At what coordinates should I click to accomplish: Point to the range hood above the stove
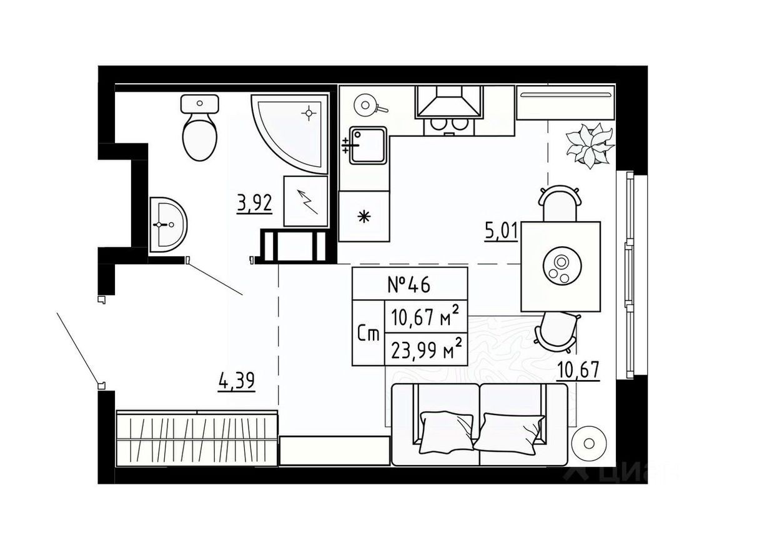(x=450, y=102)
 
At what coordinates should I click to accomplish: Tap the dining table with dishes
(x=561, y=266)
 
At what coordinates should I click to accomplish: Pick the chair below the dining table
(x=557, y=331)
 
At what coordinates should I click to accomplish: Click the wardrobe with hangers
(x=197, y=437)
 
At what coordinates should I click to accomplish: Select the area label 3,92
(x=255, y=204)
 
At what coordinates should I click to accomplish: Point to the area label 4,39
(x=237, y=380)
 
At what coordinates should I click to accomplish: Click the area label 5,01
(x=502, y=232)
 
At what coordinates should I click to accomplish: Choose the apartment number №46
(x=409, y=285)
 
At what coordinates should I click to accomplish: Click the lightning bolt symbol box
(x=306, y=201)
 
